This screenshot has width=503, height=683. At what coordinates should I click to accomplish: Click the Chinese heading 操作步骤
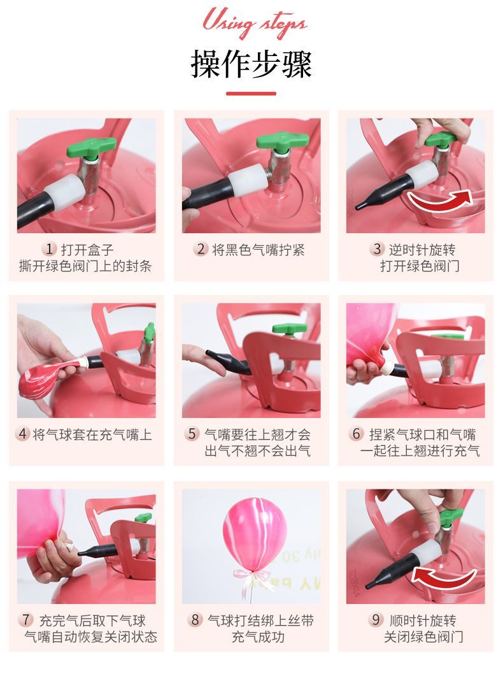[251, 64]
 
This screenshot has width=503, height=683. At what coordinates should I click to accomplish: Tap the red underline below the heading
[251, 93]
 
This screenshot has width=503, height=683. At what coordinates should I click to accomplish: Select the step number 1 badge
[49, 249]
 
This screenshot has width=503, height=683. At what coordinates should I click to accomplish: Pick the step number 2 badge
[201, 249]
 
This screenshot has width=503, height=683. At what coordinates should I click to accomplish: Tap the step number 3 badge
[377, 249]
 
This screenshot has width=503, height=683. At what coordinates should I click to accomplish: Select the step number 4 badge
[23, 434]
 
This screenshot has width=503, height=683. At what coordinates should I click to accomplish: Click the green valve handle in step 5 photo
[289, 329]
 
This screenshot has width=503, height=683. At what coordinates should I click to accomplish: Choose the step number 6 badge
[356, 434]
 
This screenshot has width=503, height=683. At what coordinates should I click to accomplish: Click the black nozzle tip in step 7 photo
[81, 553]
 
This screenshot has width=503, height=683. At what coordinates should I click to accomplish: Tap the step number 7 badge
[27, 620]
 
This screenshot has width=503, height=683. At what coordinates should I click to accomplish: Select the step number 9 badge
[376, 620]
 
